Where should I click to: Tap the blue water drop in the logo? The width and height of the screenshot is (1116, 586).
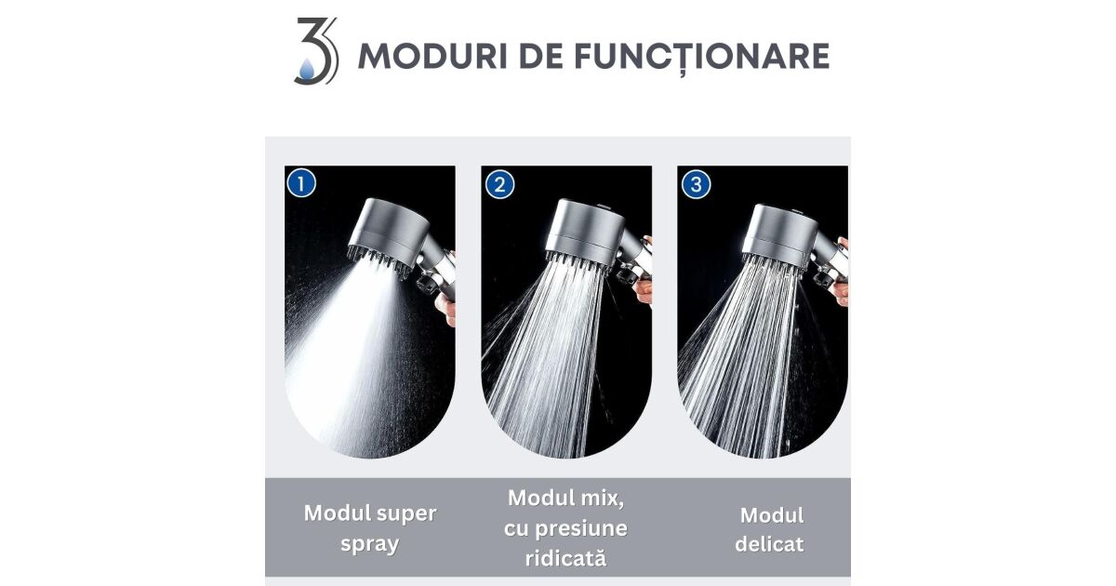[307, 70]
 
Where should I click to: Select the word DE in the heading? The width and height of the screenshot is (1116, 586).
[541, 57]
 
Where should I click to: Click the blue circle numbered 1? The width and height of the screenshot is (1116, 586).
[301, 183]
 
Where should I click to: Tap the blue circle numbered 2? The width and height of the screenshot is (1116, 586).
[499, 185]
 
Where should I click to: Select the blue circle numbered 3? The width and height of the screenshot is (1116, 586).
[696, 185]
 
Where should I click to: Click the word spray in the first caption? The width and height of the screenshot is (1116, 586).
[370, 543]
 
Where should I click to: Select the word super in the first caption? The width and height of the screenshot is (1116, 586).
[406, 514]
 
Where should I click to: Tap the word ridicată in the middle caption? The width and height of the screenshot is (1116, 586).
[565, 558]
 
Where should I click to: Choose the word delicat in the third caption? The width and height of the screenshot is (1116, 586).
[769, 544]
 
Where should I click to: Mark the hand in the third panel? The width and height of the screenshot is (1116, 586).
[842, 272]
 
